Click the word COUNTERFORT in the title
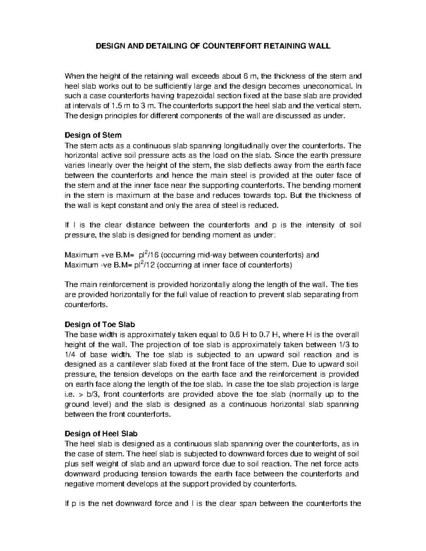[231, 46]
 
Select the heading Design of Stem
[93, 135]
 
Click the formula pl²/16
[148, 255]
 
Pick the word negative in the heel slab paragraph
[78, 484]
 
